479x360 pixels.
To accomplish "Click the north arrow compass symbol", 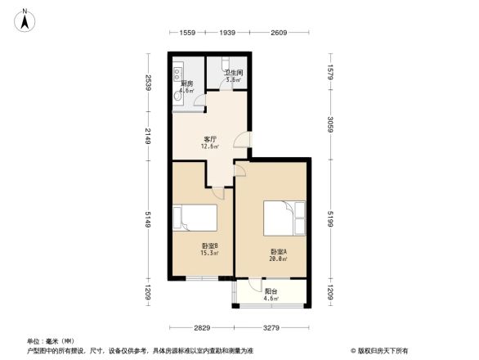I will click(25, 19).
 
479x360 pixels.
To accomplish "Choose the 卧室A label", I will click(278, 254).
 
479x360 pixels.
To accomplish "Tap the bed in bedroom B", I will click(195, 219).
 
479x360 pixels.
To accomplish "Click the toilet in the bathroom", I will click(227, 65).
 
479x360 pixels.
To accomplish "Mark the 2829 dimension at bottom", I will click(203, 327).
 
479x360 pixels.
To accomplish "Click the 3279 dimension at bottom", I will click(272, 327).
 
